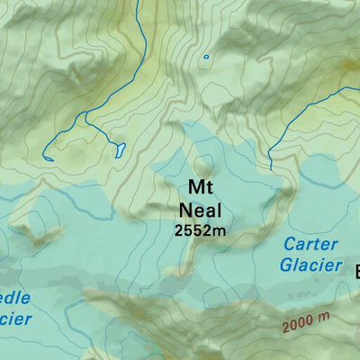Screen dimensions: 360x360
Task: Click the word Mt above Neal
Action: click(199, 187)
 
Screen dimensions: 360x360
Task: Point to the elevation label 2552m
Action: click(199, 230)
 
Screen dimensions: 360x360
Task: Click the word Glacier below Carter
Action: click(310, 265)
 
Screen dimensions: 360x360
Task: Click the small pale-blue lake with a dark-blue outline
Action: click(119, 149)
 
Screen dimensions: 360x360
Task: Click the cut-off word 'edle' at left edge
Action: click(15, 298)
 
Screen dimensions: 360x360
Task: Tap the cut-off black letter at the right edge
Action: click(355, 271)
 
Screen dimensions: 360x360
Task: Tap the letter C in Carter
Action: click(290, 245)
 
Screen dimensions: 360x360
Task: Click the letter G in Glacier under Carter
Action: click(285, 265)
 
